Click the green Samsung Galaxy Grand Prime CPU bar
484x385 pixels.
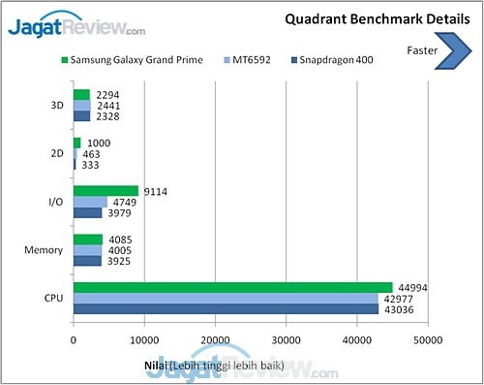coord(232,287)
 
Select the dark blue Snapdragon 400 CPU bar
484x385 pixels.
coord(226,308)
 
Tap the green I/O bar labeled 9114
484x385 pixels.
coord(106,191)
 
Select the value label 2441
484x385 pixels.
coord(110,106)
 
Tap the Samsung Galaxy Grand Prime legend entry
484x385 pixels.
coord(132,61)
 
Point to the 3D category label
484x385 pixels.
coord(56,106)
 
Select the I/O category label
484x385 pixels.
coord(55,202)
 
